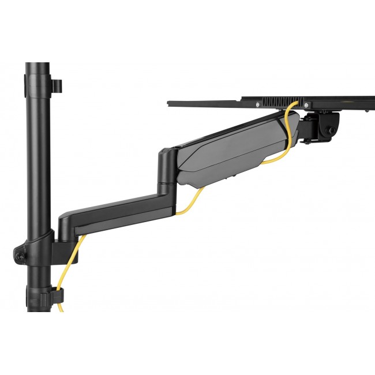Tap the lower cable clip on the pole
pyautogui.click(x=57, y=294)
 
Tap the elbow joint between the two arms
pyautogui.click(x=167, y=170)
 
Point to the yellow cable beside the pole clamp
pyautogui.click(x=72, y=260)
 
